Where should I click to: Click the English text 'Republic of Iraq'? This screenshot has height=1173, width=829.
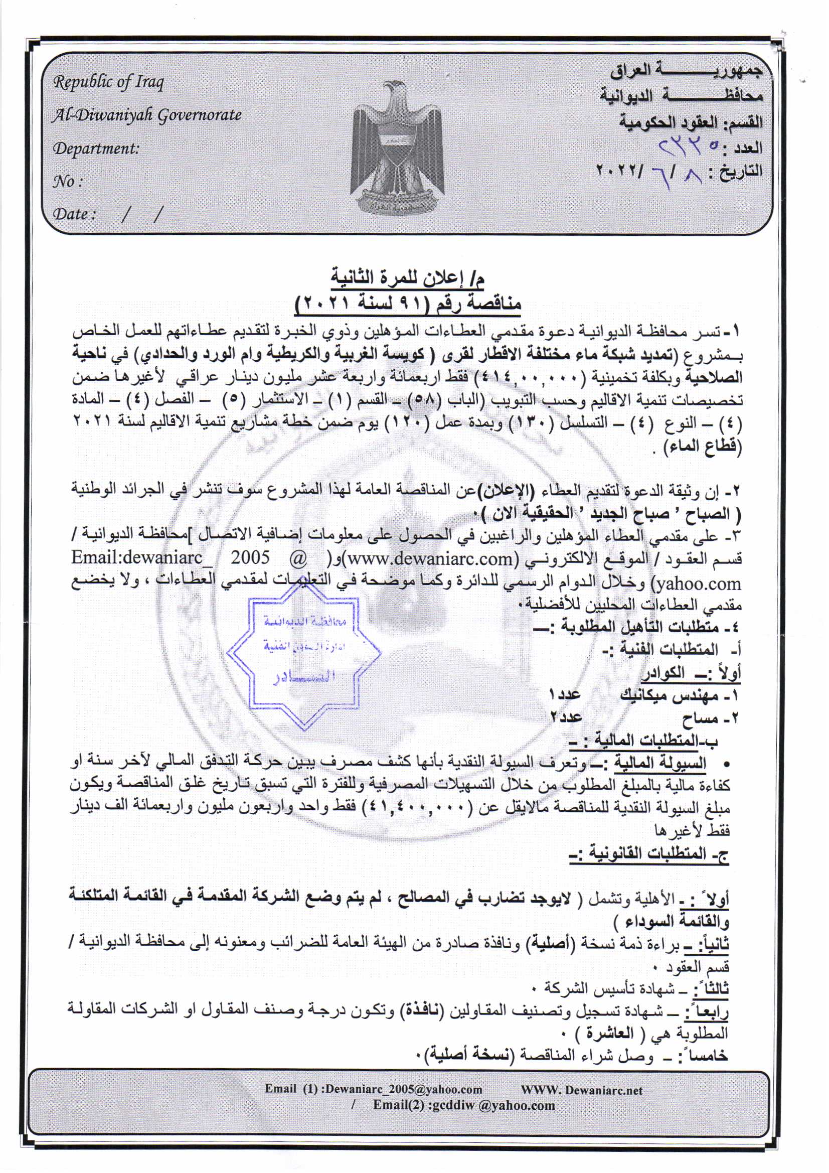109,82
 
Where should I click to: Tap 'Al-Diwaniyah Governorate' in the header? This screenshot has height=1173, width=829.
146,115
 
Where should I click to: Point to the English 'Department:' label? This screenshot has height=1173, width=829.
96,149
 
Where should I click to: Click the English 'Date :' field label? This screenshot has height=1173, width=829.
74,214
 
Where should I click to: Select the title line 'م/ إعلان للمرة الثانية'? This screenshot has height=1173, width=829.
408,279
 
